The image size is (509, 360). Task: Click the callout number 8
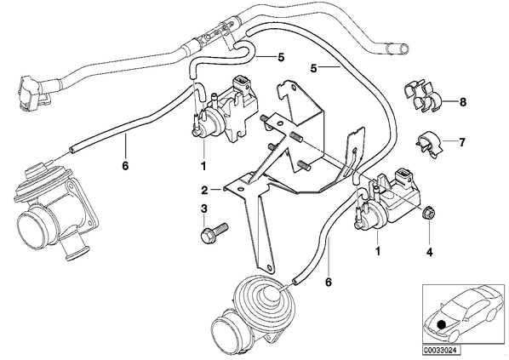pos(462,102)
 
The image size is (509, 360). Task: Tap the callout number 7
pos(462,142)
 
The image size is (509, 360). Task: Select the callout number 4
pos(429,252)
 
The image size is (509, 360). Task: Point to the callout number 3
pos(203,209)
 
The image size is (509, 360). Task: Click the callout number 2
pos(204,190)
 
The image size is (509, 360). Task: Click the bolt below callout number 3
pos(214,232)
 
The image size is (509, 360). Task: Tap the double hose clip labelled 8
pos(421,96)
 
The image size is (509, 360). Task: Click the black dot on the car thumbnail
pos(441,324)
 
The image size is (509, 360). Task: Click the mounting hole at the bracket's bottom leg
pos(269,267)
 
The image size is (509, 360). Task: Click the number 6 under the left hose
pos(125,166)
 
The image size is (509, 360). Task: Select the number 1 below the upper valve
pos(203,167)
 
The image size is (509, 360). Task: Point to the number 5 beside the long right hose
pos(313,69)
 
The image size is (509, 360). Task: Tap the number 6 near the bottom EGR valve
pos(329,283)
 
